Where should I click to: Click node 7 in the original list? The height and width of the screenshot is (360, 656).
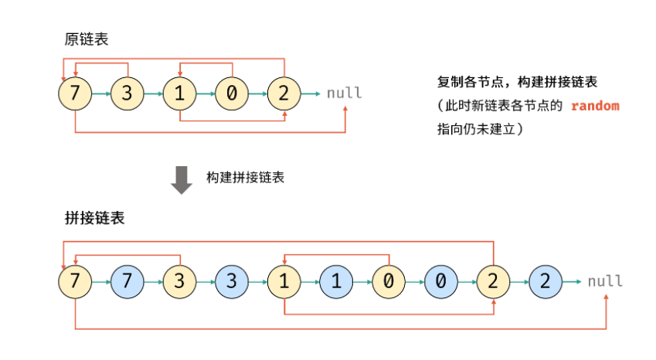pyautogui.click(x=75, y=94)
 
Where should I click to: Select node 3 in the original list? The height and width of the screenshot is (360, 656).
pyautogui.click(x=127, y=94)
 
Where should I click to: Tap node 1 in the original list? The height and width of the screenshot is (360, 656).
pyautogui.click(x=179, y=94)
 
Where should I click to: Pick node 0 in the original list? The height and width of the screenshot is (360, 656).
pyautogui.click(x=231, y=94)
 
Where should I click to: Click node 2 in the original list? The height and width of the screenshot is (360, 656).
pyautogui.click(x=284, y=94)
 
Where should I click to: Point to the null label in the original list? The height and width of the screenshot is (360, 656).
pyautogui.click(x=344, y=93)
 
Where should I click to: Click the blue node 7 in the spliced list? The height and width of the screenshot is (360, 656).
pyautogui.click(x=127, y=281)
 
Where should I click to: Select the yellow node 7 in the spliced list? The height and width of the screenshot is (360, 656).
pyautogui.click(x=75, y=281)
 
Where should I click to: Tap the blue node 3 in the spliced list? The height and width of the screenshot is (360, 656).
pyautogui.click(x=231, y=281)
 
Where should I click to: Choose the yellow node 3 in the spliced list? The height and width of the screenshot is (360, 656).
pyautogui.click(x=179, y=281)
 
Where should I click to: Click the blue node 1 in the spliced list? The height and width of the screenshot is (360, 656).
pyautogui.click(x=335, y=281)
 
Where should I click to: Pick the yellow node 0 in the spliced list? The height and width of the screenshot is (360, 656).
pyautogui.click(x=388, y=281)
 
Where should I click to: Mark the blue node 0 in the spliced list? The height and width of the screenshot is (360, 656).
pyautogui.click(x=440, y=281)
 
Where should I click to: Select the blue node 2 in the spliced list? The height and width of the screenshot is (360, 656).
pyautogui.click(x=545, y=281)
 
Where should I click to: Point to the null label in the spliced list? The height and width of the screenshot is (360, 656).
pyautogui.click(x=605, y=281)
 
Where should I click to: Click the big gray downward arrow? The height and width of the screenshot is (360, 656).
pyautogui.click(x=182, y=178)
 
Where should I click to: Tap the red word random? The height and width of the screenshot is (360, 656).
pyautogui.click(x=595, y=106)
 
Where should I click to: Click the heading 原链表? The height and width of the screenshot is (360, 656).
pyautogui.click(x=87, y=39)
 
